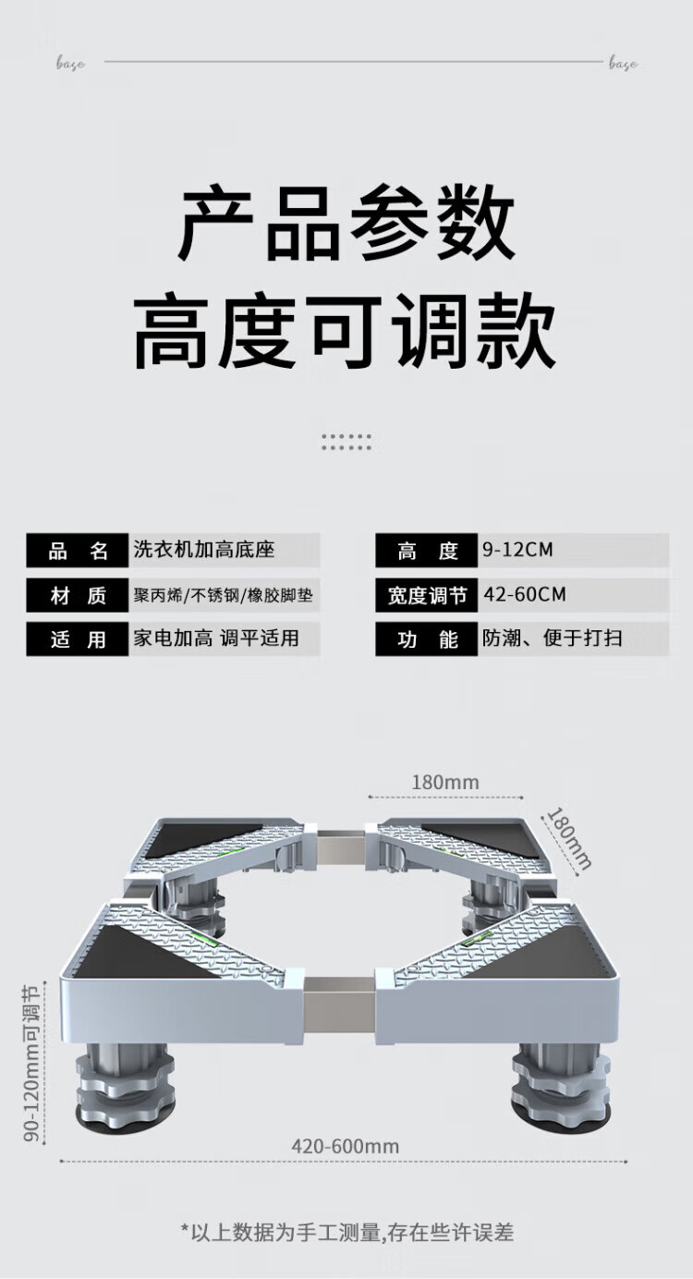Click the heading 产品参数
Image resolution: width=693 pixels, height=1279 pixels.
[346, 225]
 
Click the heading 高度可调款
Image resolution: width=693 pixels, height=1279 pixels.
[346, 332]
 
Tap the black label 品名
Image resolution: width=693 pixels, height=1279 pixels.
[78, 551]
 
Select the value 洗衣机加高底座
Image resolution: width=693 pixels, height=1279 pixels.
[204, 550]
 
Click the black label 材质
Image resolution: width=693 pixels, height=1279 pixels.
[78, 595]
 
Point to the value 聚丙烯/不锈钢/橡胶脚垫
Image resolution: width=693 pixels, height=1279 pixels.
[223, 595]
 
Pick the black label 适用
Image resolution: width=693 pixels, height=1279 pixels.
[78, 639]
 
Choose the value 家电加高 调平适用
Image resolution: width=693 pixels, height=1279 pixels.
[216, 639]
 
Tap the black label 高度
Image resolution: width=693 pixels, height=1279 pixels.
[427, 551]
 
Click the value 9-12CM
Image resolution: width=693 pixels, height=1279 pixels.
[517, 550]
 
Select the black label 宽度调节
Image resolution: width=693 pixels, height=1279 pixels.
[427, 595]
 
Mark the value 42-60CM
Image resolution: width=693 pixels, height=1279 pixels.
[525, 594]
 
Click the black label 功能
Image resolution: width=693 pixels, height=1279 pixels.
[427, 639]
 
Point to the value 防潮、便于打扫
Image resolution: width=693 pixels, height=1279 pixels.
[552, 639]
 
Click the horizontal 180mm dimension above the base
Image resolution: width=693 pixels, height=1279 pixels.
[445, 783]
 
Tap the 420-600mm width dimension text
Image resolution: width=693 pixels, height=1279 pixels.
[346, 1146]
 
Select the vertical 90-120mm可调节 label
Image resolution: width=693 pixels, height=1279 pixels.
[31, 1063]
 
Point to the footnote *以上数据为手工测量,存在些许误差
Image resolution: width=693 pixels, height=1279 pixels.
[346, 1232]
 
